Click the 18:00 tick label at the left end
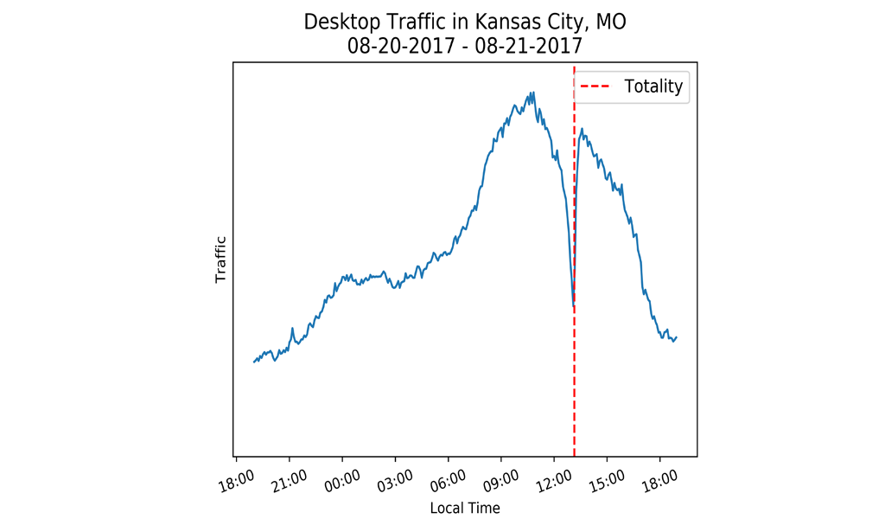[235, 478]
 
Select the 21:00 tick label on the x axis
[288, 478]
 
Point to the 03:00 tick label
[394, 478]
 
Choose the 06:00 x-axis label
[447, 478]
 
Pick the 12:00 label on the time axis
[553, 478]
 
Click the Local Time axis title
[465, 508]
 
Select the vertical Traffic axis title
[220, 259]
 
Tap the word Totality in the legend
[653, 86]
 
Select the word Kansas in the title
[490, 22]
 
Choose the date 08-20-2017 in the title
[401, 45]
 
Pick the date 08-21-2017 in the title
[529, 45]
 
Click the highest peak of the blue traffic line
[533, 93]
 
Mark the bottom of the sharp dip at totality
[573, 305]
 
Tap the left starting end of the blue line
[254, 362]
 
